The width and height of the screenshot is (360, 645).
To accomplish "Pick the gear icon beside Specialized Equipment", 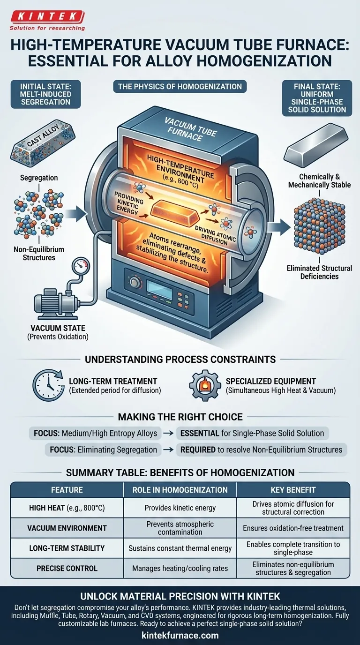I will [x=205, y=386].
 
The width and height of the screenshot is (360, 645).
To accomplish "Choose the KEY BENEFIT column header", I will [x=293, y=490].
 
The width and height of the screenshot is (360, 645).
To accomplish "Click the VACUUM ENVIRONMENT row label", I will [x=67, y=528].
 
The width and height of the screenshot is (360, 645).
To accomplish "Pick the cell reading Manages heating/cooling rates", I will [x=180, y=568].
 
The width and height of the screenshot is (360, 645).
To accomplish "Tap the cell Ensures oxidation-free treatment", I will [x=293, y=528].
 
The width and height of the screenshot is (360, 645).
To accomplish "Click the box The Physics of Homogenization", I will [x=180, y=86].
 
